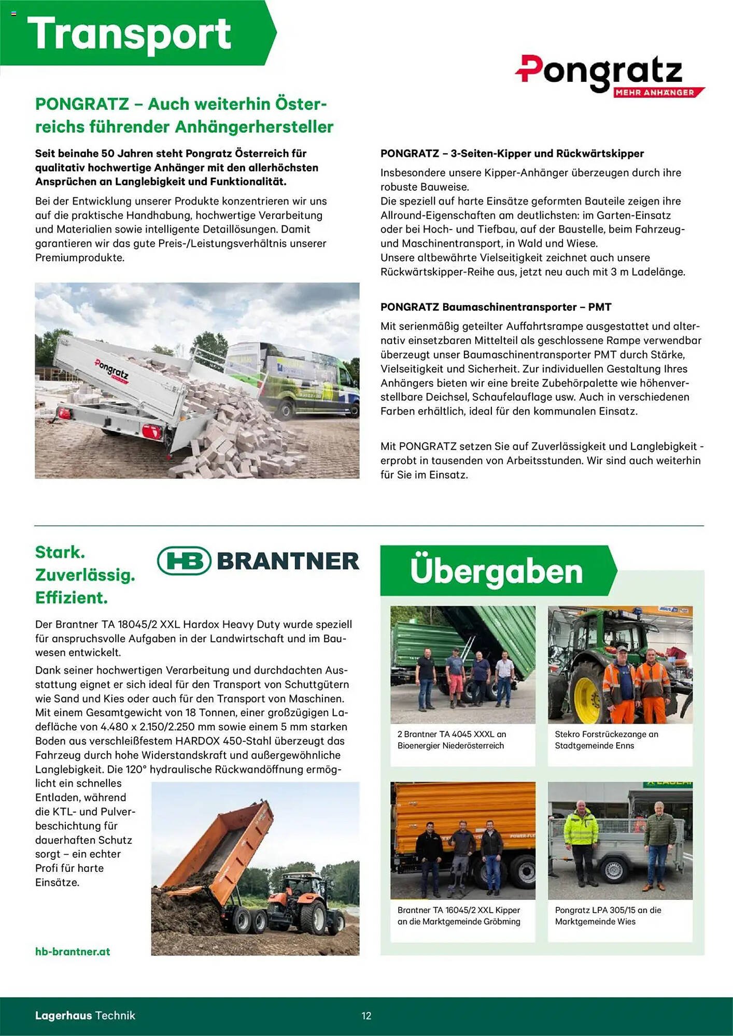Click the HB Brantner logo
(x=258, y=561)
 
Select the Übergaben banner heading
(x=496, y=571)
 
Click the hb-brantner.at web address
(x=73, y=952)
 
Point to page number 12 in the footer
(x=366, y=1016)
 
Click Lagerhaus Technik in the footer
(x=85, y=1015)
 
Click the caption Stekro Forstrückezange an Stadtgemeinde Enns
(x=607, y=740)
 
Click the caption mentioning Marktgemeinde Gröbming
(x=459, y=916)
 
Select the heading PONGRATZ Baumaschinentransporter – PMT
(x=496, y=307)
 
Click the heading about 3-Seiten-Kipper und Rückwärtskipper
(x=512, y=154)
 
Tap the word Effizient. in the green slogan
(x=72, y=598)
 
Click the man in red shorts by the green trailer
(x=456, y=676)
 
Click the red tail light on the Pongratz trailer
(x=152, y=431)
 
